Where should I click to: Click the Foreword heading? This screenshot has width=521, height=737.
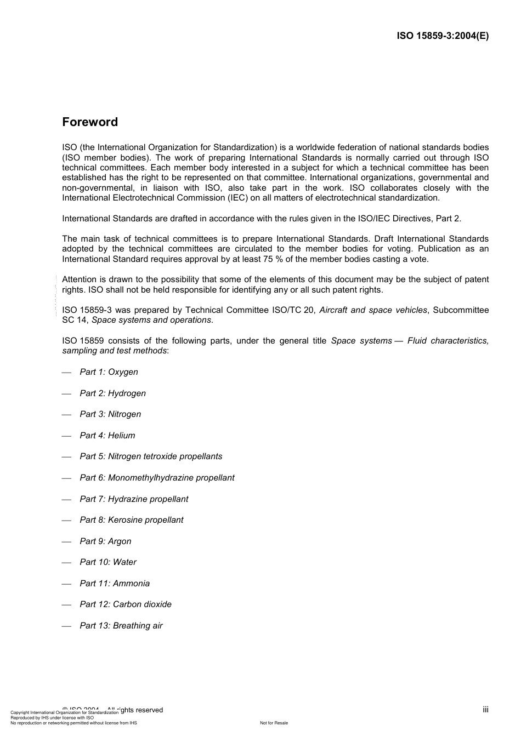coord(90,122)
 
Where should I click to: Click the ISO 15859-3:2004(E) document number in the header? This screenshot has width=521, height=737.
coord(443,36)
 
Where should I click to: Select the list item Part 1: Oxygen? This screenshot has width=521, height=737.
coord(109,372)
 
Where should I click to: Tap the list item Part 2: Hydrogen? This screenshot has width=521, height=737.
coord(112,393)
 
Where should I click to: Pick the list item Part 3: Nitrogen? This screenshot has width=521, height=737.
coord(110,414)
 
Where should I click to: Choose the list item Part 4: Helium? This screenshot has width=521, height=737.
coord(107,436)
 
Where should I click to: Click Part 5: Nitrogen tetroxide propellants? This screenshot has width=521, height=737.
coord(151,456)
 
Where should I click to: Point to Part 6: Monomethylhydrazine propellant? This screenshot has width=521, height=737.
coord(157,478)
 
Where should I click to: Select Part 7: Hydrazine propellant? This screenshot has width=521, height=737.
coord(134,499)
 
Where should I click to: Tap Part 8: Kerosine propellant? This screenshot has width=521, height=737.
coord(131,520)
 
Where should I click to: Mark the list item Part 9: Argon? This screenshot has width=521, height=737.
coord(105,541)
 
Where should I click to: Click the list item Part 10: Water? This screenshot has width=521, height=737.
coord(108,562)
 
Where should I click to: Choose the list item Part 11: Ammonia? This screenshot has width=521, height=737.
coord(115,584)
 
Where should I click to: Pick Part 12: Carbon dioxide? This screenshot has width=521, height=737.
coord(126,604)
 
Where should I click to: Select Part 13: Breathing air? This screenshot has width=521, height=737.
coord(121,626)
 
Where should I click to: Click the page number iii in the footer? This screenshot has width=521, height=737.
coord(485,710)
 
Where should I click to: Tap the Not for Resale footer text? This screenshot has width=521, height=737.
coord(274,723)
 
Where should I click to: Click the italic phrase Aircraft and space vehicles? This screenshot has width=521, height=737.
coord(373,310)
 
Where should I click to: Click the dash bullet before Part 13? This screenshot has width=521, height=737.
coord(67,626)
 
